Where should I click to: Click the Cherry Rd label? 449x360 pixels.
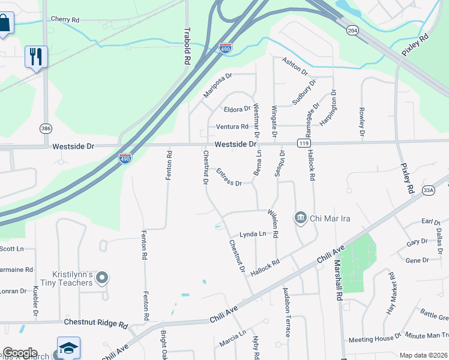pos(65,20)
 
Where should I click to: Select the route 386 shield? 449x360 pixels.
pos(46,128)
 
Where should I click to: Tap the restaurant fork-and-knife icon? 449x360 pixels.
pos(35,56)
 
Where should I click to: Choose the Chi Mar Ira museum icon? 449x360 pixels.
pos(301,217)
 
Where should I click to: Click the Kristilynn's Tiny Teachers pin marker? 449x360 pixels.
pos(102,277)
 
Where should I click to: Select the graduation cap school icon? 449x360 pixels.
pos(68,347)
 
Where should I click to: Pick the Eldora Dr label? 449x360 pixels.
pos(237,109)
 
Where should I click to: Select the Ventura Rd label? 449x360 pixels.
pos(232,127)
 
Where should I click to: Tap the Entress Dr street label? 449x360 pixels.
pos(228,178)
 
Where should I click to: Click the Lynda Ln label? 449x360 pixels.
pos(253,233)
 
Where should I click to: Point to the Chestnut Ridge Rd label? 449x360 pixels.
pos(95,323)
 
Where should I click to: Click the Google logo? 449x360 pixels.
pos(19,353)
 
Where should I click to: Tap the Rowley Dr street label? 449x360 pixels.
pos(362,121)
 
